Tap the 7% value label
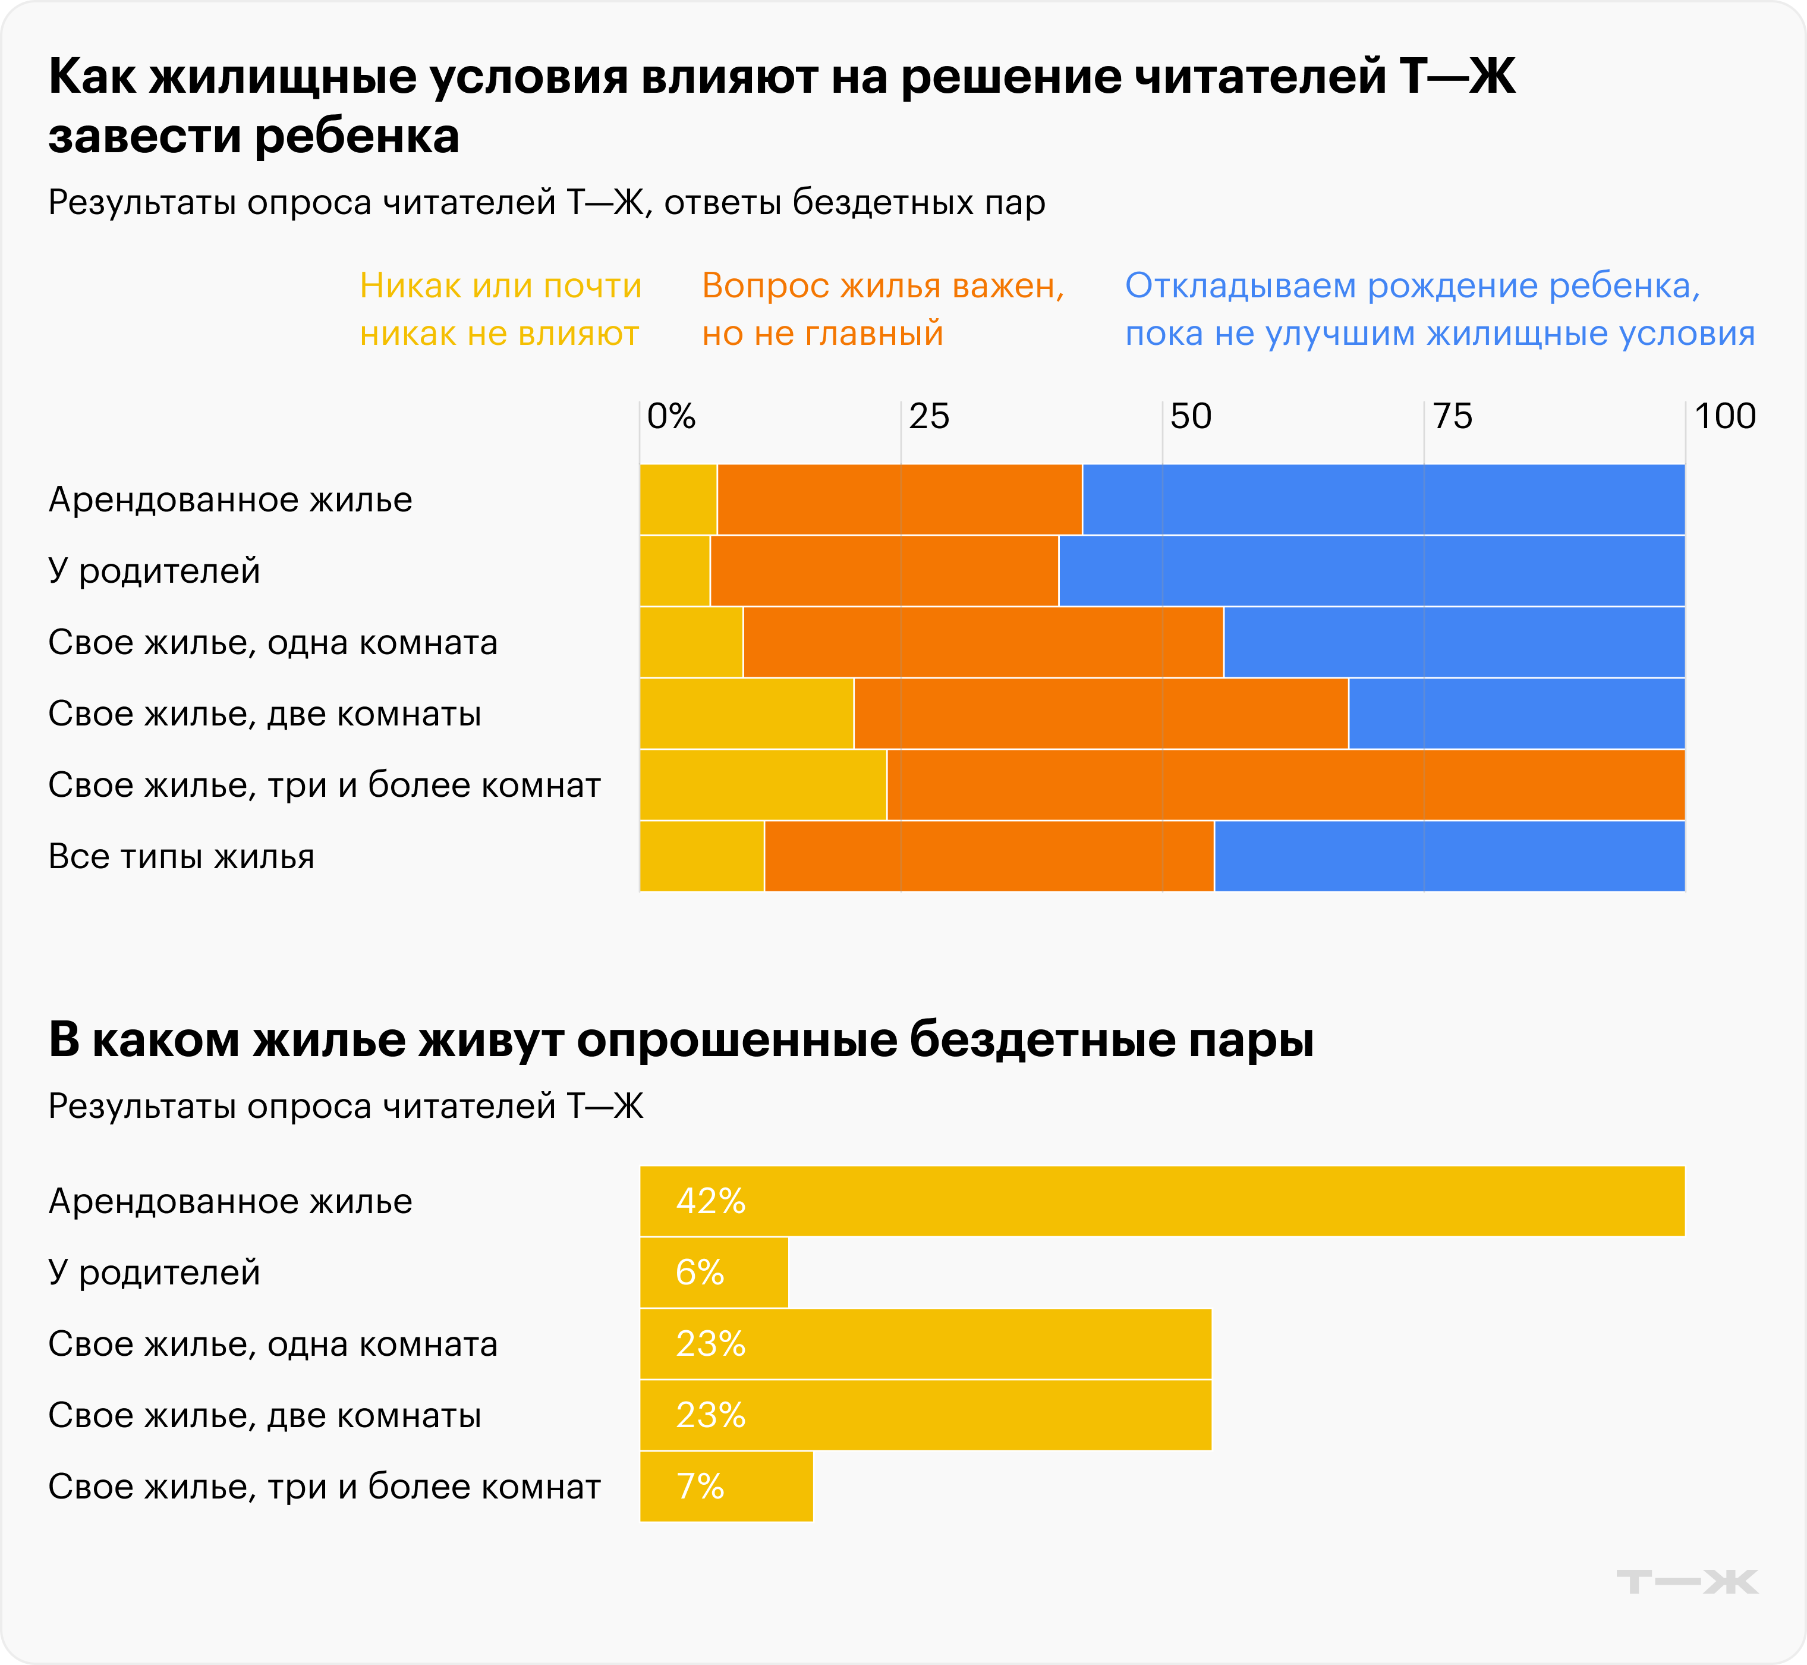(x=700, y=1487)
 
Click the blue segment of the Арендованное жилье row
(x=1383, y=499)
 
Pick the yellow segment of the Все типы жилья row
(x=702, y=856)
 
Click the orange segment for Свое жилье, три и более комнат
(x=1286, y=785)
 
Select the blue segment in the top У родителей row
(x=1371, y=570)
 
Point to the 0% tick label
(x=671, y=416)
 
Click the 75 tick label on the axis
(x=1452, y=416)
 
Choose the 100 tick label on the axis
(x=1724, y=416)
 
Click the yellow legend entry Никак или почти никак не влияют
(x=500, y=309)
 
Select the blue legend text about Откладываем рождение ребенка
(x=1438, y=309)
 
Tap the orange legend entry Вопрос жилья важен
(x=883, y=309)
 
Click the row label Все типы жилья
(x=181, y=856)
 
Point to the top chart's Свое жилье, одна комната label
(x=272, y=642)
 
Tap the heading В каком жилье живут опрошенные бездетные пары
(x=681, y=1039)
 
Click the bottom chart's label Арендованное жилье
(x=229, y=1201)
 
